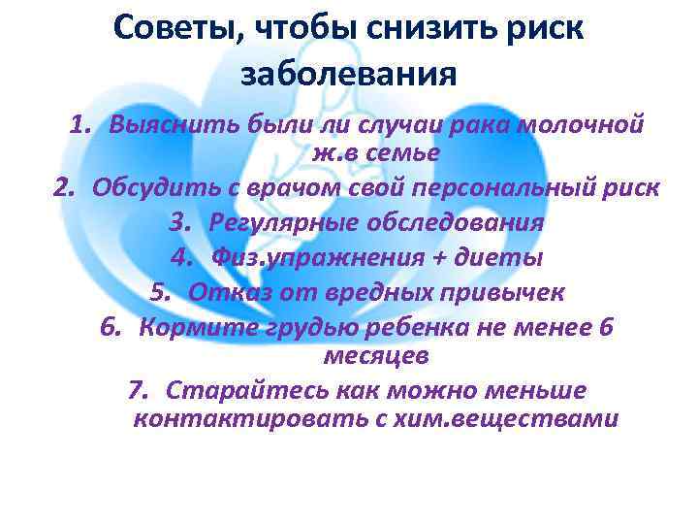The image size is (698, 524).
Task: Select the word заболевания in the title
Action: [x=348, y=73]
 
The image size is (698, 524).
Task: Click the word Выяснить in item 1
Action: [x=163, y=126]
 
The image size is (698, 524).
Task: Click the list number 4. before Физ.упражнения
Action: [x=182, y=257]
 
